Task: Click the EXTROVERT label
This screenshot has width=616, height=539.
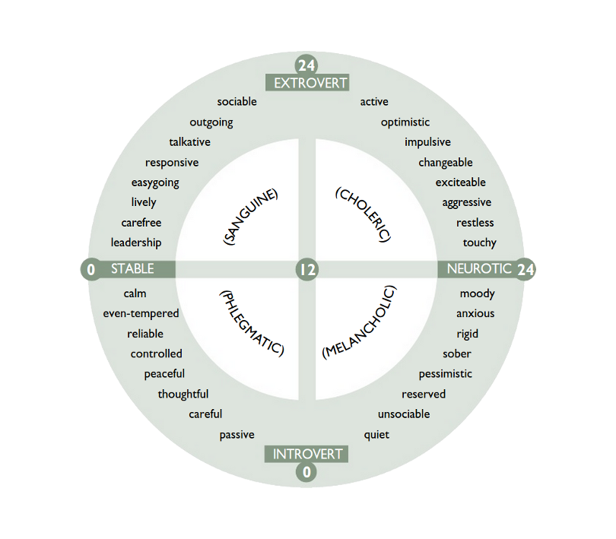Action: [310, 83]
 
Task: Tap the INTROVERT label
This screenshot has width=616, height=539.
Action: [307, 454]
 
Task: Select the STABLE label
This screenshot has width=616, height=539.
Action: [132, 268]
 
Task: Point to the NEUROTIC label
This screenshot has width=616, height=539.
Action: [479, 268]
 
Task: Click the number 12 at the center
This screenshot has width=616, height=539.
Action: [306, 269]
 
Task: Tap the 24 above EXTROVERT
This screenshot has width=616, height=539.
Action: [306, 65]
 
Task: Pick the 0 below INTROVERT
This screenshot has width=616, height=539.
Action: [306, 471]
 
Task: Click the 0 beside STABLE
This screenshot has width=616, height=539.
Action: [91, 269]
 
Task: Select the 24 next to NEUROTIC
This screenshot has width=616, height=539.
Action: [526, 269]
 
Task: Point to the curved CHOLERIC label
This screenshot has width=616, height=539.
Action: [364, 214]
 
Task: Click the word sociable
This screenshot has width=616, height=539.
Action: [237, 102]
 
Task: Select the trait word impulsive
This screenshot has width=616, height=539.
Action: [428, 142]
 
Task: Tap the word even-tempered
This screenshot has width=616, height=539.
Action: [141, 313]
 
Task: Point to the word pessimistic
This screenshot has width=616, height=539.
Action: [446, 374]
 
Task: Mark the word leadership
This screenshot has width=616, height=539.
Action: [136, 243]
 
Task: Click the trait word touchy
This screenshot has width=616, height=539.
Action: [480, 243]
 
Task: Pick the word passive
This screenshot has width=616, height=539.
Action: [237, 435]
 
